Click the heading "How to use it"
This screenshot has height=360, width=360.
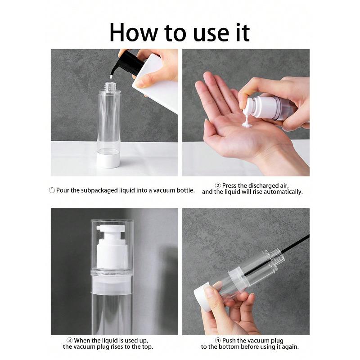point(180,32)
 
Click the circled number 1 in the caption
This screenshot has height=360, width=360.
point(52,190)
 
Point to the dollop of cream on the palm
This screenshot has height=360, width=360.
point(246,122)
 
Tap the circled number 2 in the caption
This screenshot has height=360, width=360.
point(218,185)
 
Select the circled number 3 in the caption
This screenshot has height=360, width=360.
point(70,340)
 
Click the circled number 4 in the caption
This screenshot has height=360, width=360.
point(218,340)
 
